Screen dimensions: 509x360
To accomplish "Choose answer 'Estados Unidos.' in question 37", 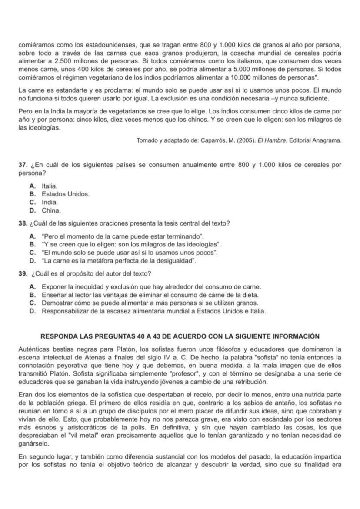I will pyautogui.click(x=66, y=194).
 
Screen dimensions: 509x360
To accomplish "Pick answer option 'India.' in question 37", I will pyautogui.click(x=50, y=202).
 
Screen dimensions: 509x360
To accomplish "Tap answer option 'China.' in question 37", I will pyautogui.click(x=51, y=210).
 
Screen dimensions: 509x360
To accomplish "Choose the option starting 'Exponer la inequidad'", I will pyautogui.click(x=151, y=287).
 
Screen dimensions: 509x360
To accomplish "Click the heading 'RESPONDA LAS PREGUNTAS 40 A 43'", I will pyautogui.click(x=180, y=336).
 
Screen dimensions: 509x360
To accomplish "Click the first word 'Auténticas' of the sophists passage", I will pyautogui.click(x=34, y=349).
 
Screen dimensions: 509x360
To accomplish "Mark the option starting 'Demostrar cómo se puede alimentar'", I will pyautogui.click(x=150, y=303).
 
